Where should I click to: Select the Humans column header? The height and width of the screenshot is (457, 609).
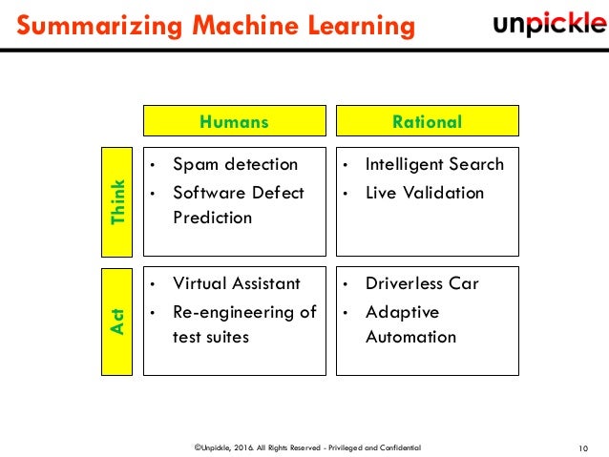[234, 121]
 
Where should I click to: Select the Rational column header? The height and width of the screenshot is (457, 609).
[427, 121]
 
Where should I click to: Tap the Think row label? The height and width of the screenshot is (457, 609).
[117, 201]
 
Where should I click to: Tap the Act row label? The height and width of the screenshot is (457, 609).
[117, 321]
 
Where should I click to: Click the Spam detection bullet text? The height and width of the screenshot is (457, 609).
[235, 164]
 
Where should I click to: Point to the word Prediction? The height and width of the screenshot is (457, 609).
[212, 218]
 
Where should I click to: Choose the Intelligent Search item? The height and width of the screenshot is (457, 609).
[434, 164]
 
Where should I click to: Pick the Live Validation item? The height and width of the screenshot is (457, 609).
[425, 193]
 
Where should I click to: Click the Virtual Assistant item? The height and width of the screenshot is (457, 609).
[237, 283]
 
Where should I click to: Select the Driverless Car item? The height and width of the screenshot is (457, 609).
[422, 283]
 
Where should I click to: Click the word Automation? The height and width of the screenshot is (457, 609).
[410, 337]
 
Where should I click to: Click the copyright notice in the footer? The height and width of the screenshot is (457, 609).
[305, 447]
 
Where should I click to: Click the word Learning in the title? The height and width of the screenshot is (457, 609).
[359, 25]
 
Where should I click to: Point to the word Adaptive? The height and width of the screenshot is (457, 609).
[402, 312]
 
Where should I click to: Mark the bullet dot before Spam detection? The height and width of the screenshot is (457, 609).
[154, 165]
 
